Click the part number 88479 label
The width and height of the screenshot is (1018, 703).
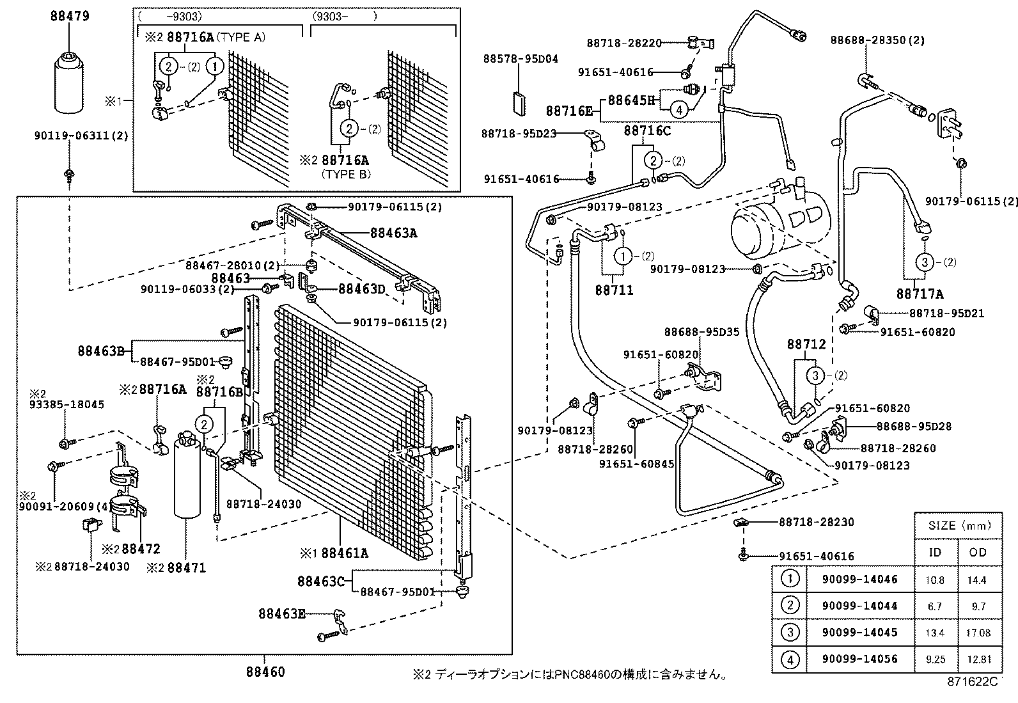[x=70, y=17]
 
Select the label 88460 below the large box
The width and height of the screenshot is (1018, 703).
[x=265, y=672]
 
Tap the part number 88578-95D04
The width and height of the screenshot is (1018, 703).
[x=520, y=59]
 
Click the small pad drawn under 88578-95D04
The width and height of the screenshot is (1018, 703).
[x=519, y=104]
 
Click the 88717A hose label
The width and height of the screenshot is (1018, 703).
[x=920, y=294]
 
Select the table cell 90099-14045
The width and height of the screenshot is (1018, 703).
[x=859, y=632]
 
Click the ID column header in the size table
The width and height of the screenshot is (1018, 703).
[x=935, y=552]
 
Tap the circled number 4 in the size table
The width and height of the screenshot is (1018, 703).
[x=790, y=659]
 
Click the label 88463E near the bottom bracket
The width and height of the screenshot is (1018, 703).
[x=282, y=614]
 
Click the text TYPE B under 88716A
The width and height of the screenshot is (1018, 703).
[x=346, y=174]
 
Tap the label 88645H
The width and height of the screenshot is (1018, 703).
[x=631, y=100]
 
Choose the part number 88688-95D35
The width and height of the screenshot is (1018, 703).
[x=701, y=332]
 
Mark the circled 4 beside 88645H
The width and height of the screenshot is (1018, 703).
[x=679, y=110]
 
